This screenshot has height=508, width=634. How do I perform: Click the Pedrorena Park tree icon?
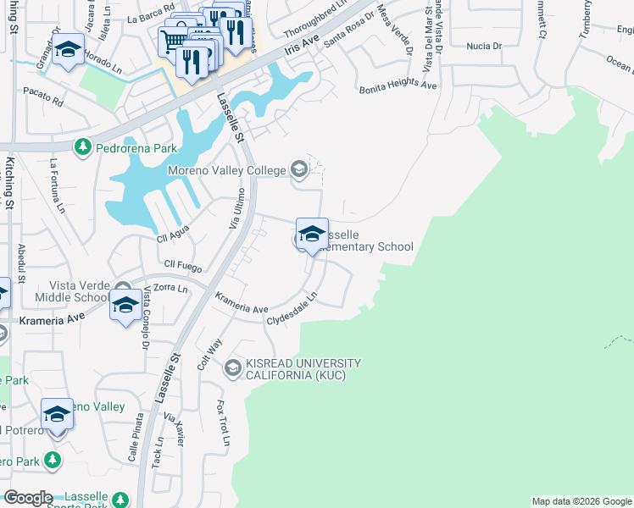click(x=82, y=148)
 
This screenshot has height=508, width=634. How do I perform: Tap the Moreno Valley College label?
click(x=226, y=171)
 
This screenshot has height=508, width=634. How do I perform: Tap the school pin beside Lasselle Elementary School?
click(x=312, y=235)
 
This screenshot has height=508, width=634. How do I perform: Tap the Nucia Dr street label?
click(x=484, y=47)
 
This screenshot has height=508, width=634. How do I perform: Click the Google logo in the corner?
click(x=28, y=498)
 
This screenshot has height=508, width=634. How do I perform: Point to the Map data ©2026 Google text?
click(x=581, y=501)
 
